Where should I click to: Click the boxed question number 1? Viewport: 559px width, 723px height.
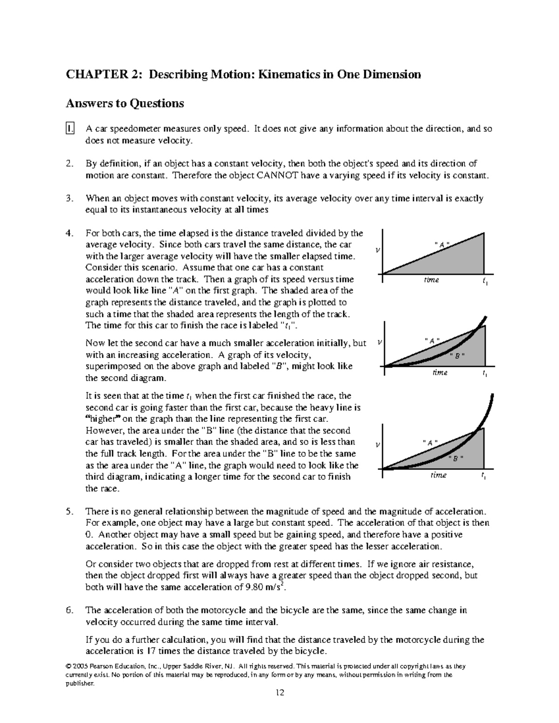pyautogui.click(x=70, y=129)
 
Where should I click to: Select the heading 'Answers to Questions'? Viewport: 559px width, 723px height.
pyautogui.click(x=125, y=103)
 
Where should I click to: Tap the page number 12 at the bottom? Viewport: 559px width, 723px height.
pyautogui.click(x=279, y=693)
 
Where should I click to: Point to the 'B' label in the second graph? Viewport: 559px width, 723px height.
pyautogui.click(x=457, y=356)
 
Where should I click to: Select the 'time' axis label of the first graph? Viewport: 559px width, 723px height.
pyautogui.click(x=431, y=280)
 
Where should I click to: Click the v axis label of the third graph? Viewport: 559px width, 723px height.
pyautogui.click(x=378, y=446)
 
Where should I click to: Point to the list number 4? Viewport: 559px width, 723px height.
pyautogui.click(x=69, y=233)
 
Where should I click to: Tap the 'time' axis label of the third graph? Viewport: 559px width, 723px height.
pyautogui.click(x=438, y=475)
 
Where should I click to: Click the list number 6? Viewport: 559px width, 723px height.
pyautogui.click(x=69, y=610)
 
